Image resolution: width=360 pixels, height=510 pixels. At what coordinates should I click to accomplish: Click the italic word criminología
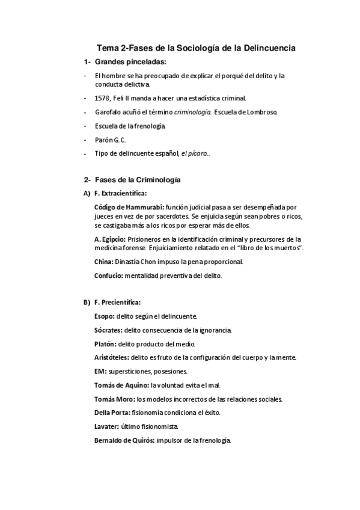click(x=192, y=112)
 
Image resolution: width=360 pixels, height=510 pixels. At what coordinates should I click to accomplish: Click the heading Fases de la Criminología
click(x=138, y=180)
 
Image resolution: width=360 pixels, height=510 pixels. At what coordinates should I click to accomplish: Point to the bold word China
click(x=103, y=262)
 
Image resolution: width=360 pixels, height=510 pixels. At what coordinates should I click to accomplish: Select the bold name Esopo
click(x=104, y=316)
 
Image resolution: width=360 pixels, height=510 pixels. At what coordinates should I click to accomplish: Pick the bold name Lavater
click(x=107, y=426)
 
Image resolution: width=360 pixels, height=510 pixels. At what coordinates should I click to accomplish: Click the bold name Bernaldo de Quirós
click(x=124, y=440)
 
